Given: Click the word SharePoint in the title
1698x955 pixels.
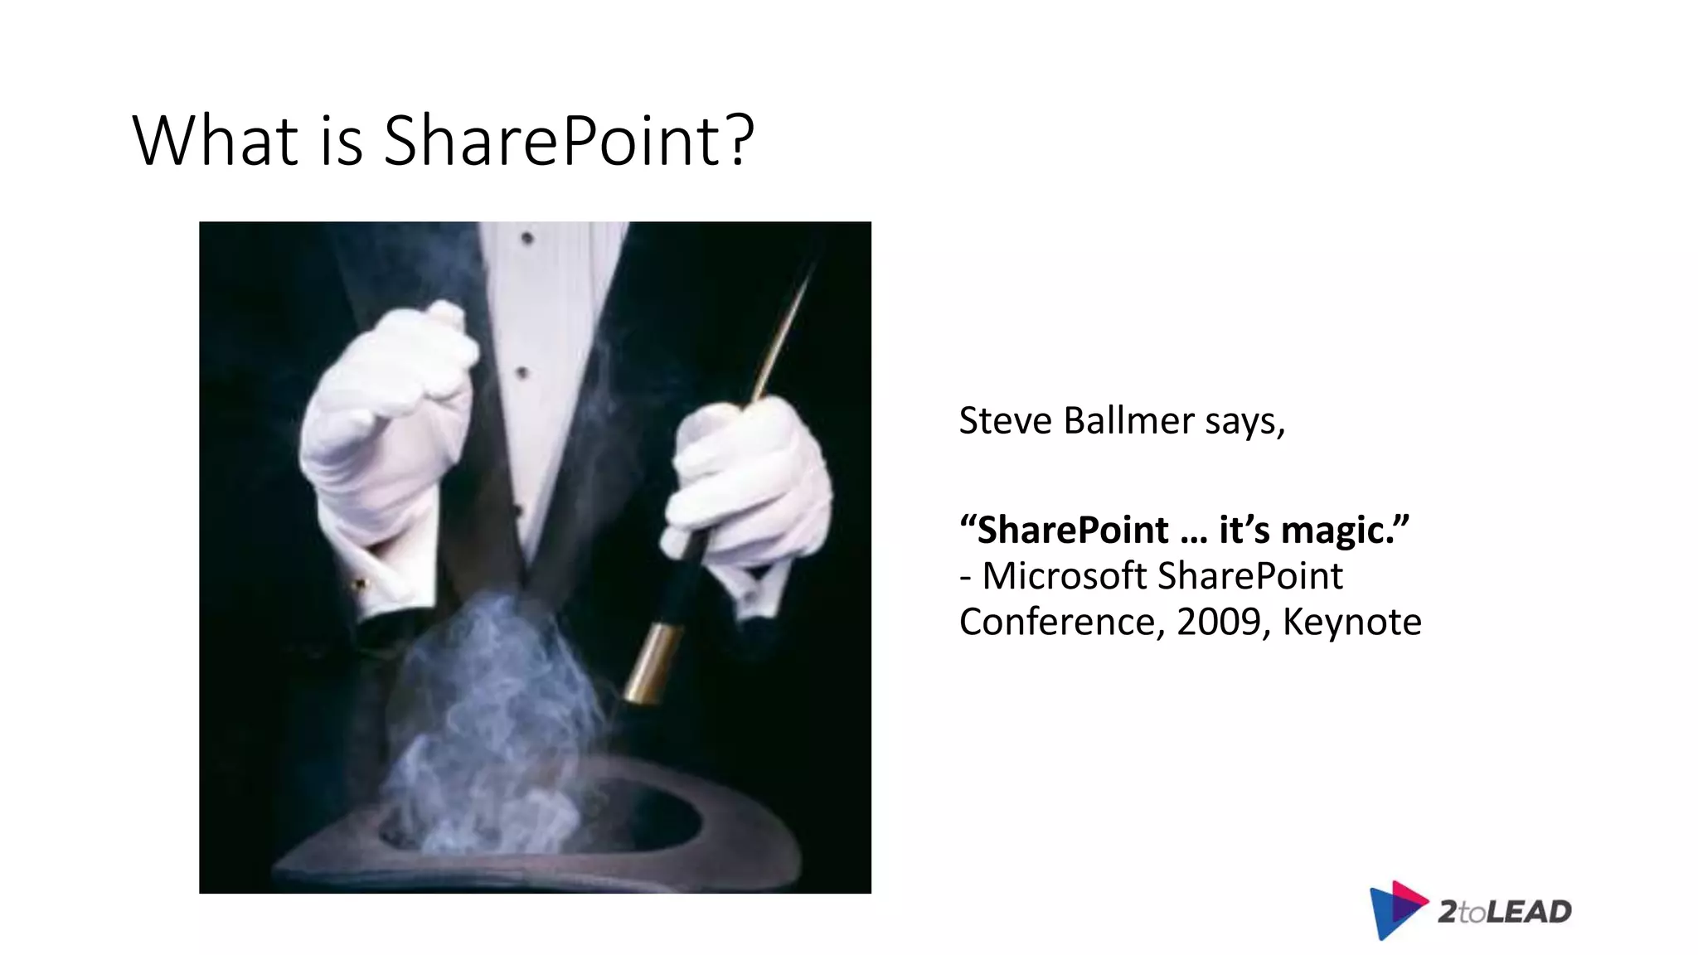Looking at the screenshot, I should pyautogui.click(x=555, y=141).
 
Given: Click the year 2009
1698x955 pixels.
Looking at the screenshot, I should pyautogui.click(x=1218, y=622).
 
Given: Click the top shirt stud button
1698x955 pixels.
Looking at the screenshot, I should pyautogui.click(x=526, y=239).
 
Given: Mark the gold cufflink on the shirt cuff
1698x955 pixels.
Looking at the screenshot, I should pyautogui.click(x=359, y=584).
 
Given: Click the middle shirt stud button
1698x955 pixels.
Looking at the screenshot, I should pyautogui.click(x=522, y=373).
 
